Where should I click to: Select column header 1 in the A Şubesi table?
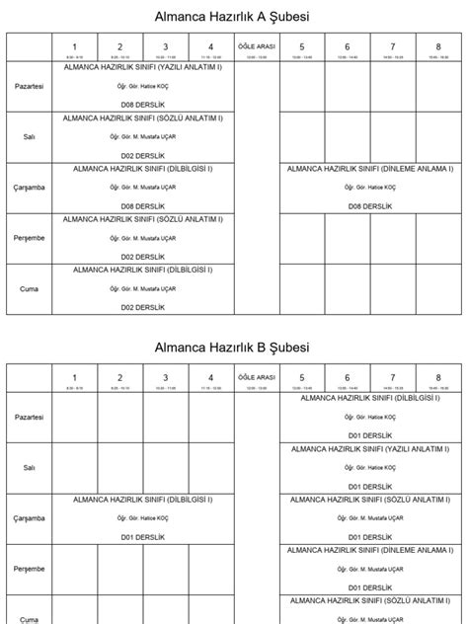74,46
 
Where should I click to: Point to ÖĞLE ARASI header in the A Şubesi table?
257,46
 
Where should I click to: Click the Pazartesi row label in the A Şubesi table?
30,87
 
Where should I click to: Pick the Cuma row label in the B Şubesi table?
30,617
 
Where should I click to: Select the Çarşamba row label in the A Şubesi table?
30,188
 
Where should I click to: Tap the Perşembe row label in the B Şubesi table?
30,569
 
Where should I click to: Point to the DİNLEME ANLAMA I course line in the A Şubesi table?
370,168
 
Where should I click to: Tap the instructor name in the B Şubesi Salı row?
370,467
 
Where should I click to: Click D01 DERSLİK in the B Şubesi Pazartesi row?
370,434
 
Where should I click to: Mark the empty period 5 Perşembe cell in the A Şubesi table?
301,238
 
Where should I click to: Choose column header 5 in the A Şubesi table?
301,46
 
